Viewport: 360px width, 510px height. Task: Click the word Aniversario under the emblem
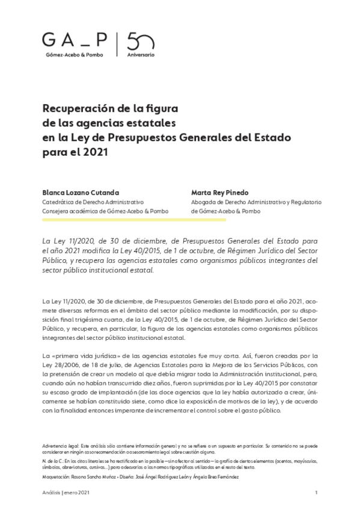[x=141, y=55]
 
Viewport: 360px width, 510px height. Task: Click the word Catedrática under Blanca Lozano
[x=58, y=202]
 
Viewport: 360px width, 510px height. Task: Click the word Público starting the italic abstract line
[x=56, y=262]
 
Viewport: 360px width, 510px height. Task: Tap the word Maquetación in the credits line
[x=56, y=476]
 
